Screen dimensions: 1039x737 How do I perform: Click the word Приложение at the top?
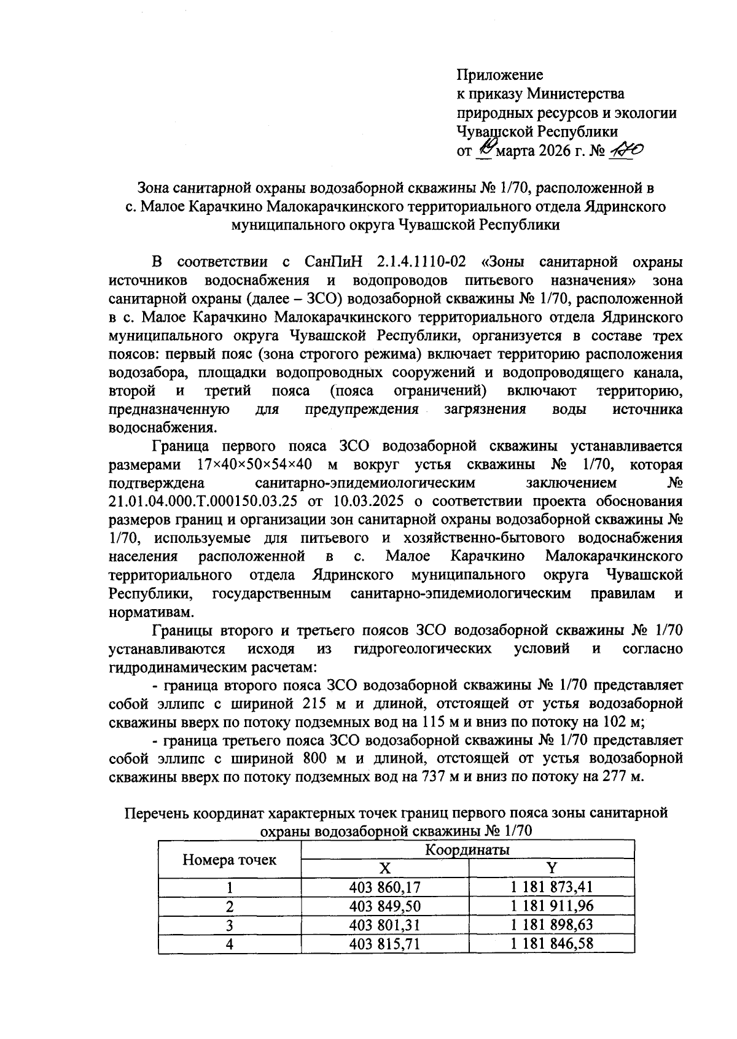pos(499,75)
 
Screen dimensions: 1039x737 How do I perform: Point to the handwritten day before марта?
pos(486,147)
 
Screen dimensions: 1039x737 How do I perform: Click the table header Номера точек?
pos(229,859)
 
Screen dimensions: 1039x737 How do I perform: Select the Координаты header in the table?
pos(467,849)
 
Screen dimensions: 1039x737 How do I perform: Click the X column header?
pos(384,868)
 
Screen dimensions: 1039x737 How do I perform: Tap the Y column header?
pos(552,868)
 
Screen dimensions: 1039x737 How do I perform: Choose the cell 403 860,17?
pos(384,887)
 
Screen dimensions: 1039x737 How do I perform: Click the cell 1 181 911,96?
pos(552,906)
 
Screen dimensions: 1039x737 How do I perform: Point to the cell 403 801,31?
pos(384,924)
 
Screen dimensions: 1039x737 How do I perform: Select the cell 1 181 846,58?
pos(552,943)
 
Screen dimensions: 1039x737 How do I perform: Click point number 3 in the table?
pos(229,925)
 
